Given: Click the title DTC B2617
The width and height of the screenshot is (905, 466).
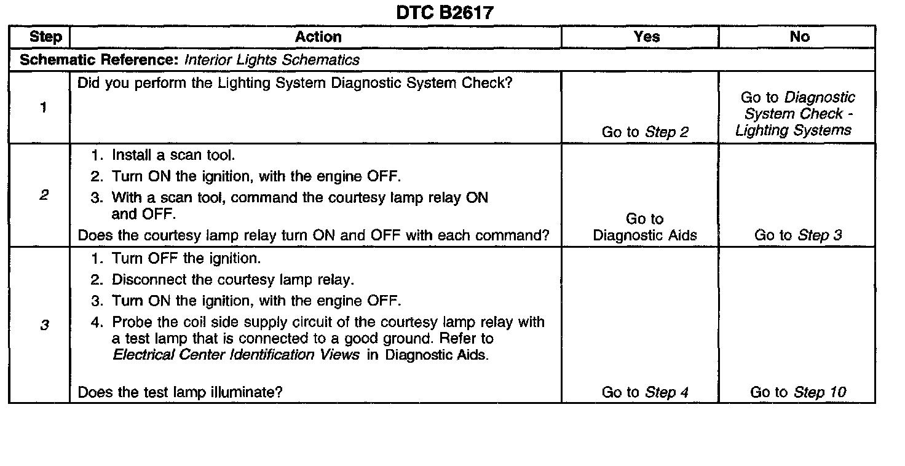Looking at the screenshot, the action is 445,12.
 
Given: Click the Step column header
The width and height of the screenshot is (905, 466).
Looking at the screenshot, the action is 45,37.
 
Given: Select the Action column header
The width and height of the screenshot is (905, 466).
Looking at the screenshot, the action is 318,37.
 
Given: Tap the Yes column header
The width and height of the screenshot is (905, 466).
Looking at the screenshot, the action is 646,37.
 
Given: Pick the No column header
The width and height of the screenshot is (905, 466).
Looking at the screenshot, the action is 799,37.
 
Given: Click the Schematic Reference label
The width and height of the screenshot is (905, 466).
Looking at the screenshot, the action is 100,60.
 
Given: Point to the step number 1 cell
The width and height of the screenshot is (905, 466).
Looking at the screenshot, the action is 42,108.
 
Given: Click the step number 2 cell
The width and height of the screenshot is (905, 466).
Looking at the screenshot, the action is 44,195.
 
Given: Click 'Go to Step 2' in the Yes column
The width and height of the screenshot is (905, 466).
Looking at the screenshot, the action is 645,132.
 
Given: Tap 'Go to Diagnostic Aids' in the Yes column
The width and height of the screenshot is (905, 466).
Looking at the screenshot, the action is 645,227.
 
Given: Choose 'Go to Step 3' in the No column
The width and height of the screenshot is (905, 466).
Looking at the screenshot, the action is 799,235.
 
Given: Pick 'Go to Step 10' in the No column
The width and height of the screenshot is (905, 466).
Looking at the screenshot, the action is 798,392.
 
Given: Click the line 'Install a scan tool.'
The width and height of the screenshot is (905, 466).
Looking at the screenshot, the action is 173,156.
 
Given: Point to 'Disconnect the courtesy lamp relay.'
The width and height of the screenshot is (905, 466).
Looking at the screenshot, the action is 232,280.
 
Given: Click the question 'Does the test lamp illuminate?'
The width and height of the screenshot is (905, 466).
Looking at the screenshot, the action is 180,392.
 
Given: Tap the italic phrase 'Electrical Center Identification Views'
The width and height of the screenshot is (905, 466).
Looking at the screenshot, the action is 237,355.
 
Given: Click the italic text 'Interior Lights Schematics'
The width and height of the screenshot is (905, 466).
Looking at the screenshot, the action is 272,60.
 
